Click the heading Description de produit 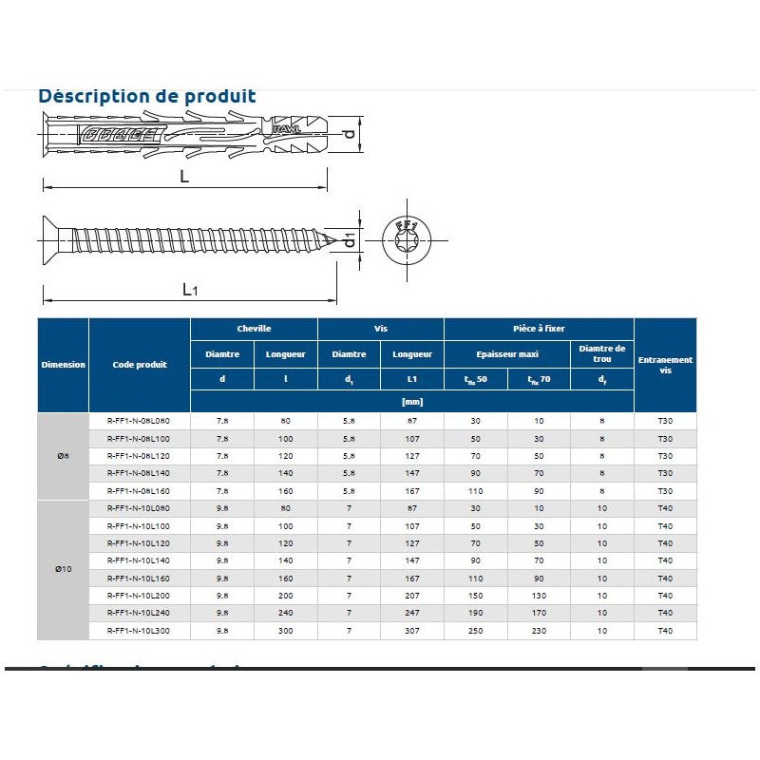click(146, 96)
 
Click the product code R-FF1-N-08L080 click(140, 421)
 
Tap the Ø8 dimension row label click(63, 456)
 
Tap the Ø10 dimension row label click(63, 569)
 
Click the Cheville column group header click(254, 329)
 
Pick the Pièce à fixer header click(539, 329)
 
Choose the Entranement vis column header click(665, 365)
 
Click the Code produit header click(140, 365)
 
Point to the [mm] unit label click(412, 402)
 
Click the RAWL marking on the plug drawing click(286, 129)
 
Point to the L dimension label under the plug click(184, 177)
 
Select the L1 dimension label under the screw click(190, 290)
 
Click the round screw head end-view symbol click(407, 240)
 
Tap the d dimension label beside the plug click(350, 134)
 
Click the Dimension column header click(63, 365)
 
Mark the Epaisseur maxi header click(507, 354)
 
